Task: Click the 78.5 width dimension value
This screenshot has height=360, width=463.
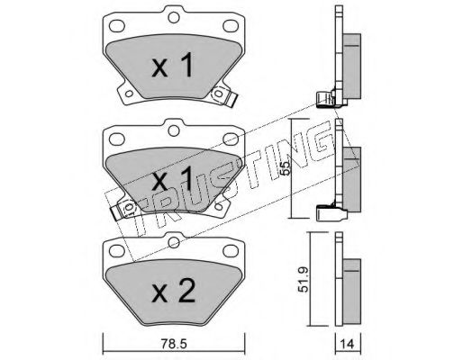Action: tap(174, 344)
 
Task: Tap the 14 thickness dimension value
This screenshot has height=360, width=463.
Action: tap(348, 344)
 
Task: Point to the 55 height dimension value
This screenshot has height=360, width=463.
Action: tap(286, 167)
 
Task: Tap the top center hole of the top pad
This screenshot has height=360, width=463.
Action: tap(174, 17)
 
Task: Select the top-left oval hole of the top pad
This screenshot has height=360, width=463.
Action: tap(117, 26)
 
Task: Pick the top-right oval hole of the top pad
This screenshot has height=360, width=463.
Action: tap(231, 26)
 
